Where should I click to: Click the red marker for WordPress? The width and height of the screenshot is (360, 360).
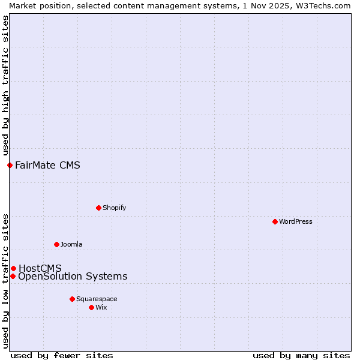275,221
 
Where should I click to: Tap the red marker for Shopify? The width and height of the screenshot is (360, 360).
98,208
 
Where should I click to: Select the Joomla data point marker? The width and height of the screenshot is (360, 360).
56,244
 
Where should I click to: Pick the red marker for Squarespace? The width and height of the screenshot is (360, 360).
72,299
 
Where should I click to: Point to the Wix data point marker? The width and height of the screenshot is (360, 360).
91,307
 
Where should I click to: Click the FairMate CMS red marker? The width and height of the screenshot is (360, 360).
10,165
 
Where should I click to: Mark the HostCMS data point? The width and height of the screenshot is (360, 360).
13,268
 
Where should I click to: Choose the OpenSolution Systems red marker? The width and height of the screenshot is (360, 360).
13,276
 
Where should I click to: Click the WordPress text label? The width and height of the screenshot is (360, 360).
296,221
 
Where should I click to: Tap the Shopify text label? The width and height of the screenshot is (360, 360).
114,208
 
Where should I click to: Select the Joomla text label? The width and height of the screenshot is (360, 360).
71,244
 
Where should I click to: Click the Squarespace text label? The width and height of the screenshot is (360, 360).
97,299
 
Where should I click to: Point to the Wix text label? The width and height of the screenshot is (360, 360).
101,307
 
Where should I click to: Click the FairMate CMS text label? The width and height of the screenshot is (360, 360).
47,165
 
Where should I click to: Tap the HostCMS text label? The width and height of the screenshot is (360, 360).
40,268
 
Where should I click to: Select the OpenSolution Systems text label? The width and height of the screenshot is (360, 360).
73,276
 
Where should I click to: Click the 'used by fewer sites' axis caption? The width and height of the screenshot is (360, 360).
62,355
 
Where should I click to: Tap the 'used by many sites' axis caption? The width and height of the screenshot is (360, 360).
301,355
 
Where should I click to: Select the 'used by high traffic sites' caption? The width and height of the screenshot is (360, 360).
5,86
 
